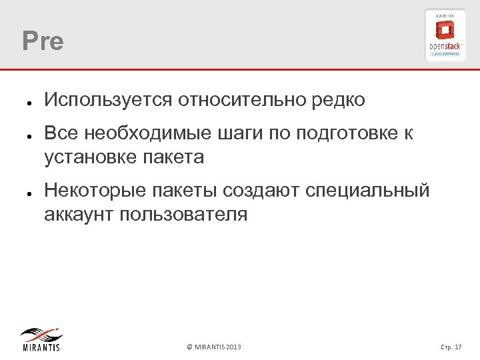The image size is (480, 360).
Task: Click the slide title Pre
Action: pyautogui.click(x=43, y=41)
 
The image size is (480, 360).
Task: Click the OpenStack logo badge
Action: pyautogui.click(x=445, y=35)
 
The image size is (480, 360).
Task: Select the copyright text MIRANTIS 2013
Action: pyautogui.click(x=214, y=347)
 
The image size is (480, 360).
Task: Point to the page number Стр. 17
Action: pyautogui.click(x=451, y=347)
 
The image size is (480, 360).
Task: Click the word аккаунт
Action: pyautogui.click(x=77, y=215)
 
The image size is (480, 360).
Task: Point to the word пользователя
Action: pyautogui.click(x=181, y=215)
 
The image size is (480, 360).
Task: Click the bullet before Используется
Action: pyautogui.click(x=23, y=104)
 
